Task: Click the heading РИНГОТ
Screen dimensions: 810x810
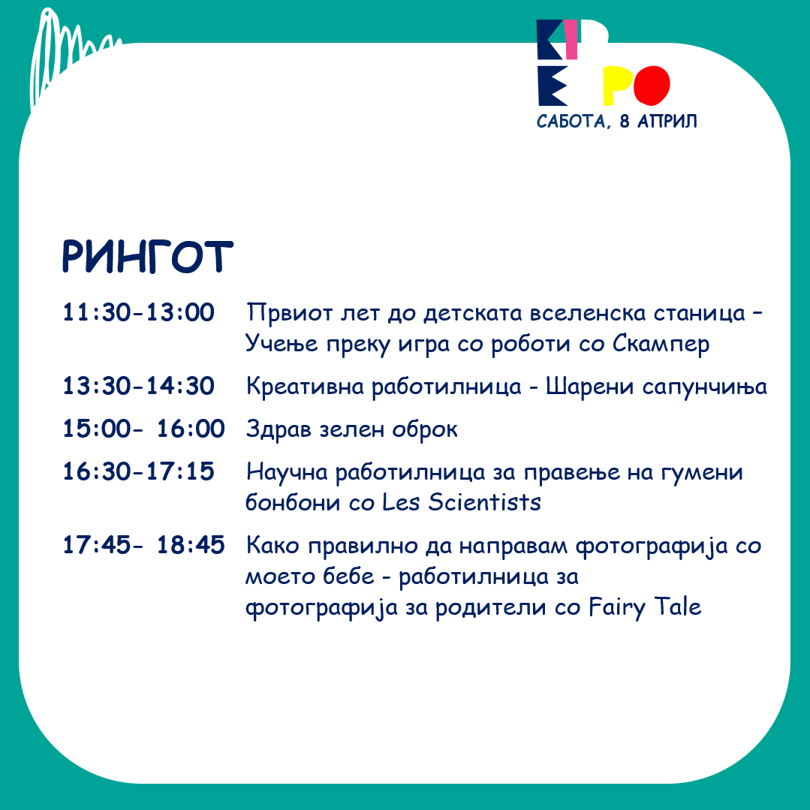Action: [x=148, y=256]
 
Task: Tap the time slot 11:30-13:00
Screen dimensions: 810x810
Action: [x=138, y=312]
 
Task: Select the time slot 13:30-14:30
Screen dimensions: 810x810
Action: [x=138, y=386]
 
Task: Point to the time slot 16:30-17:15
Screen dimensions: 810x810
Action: [x=138, y=471]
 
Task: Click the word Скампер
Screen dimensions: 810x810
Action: [x=661, y=344]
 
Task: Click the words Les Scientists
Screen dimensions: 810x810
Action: [x=462, y=502]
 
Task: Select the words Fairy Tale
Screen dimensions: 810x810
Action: [x=645, y=607]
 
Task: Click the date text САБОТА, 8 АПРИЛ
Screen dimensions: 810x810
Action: [x=617, y=122]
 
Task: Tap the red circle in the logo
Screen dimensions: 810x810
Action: [x=652, y=86]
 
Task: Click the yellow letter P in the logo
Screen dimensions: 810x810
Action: [x=618, y=86]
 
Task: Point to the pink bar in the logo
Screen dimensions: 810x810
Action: [x=571, y=39]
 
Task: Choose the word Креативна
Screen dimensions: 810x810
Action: [x=305, y=387]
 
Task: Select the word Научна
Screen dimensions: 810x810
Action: [x=287, y=472]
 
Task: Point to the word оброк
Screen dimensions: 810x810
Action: [x=425, y=429]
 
